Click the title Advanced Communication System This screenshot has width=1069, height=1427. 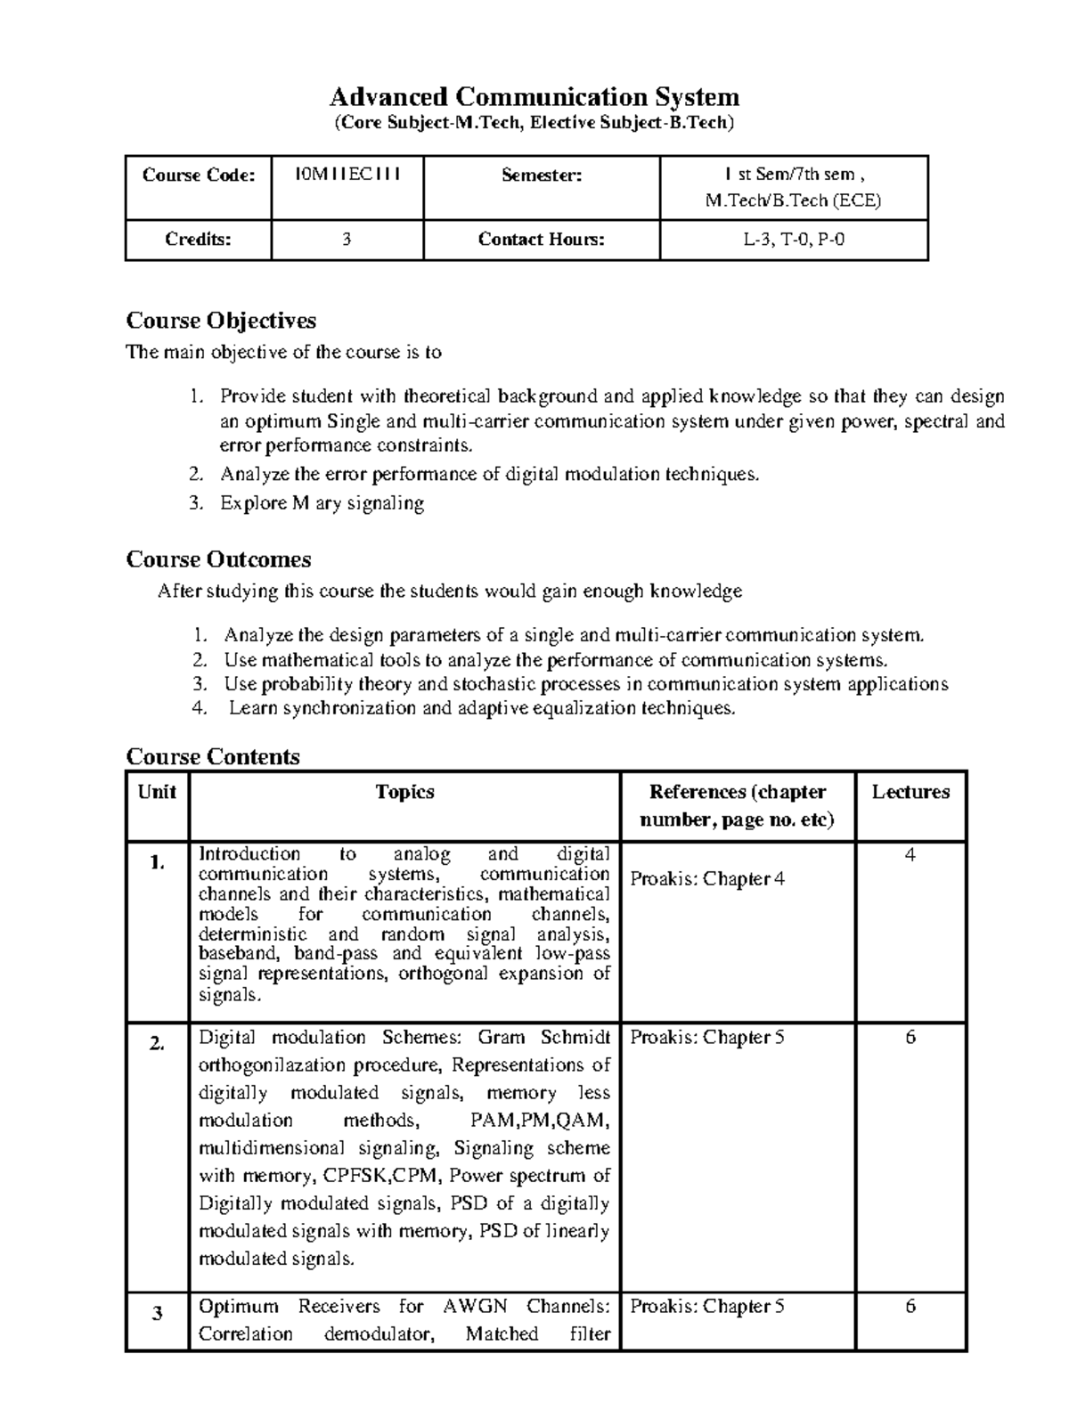coord(534,96)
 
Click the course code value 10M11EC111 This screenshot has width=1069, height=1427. coord(347,174)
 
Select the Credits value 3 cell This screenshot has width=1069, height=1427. coord(347,239)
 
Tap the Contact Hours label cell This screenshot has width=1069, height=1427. coord(541,239)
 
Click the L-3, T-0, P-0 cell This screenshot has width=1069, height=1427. coord(793,239)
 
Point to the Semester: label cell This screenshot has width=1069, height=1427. coord(541,175)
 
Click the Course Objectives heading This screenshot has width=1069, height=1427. coord(221,320)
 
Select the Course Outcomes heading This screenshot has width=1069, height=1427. coord(218,559)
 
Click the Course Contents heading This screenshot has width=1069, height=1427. coord(213,756)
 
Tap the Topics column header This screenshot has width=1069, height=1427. coord(404,792)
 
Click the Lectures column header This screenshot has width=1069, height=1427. coord(910,792)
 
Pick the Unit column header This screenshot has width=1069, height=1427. coord(157,792)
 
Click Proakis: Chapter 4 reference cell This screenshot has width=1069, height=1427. coord(707,879)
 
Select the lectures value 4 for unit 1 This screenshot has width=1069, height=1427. coord(910,855)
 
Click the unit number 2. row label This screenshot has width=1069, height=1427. coord(157,1045)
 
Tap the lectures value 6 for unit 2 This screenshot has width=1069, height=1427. coord(910,1037)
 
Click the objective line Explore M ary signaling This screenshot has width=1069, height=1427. coord(322,503)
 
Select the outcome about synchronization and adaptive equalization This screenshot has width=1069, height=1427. coord(482,708)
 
